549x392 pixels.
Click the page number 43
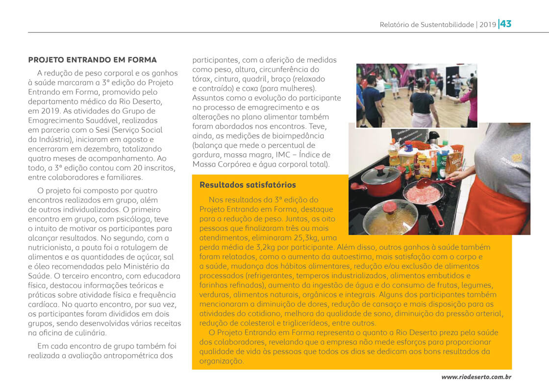tap(506, 24)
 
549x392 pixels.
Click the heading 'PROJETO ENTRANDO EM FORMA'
tap(92, 60)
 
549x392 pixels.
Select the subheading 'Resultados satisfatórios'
tap(248, 185)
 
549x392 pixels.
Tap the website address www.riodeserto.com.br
tap(476, 377)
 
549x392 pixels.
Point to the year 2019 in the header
tap(488, 24)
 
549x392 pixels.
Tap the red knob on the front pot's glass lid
tap(390, 207)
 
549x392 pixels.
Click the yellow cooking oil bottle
tap(394, 153)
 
